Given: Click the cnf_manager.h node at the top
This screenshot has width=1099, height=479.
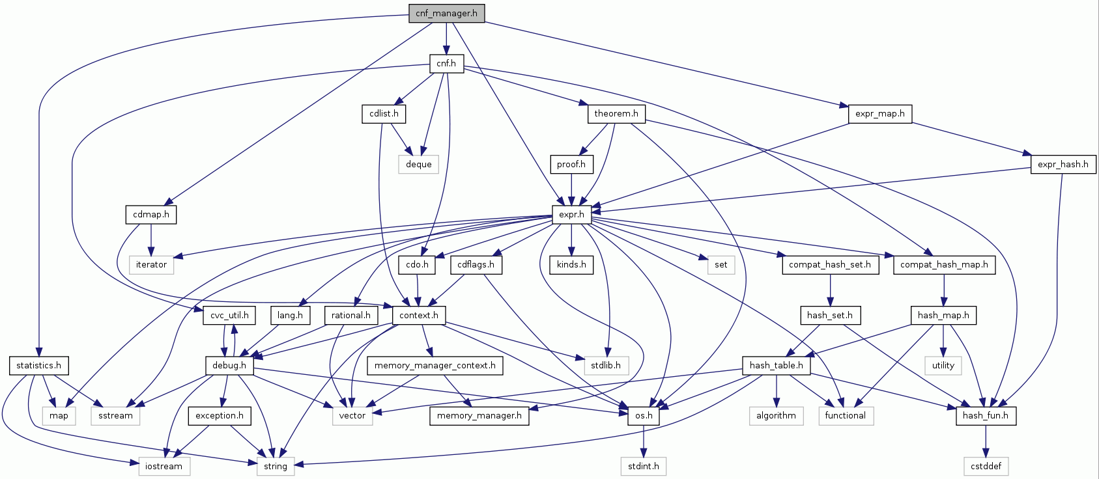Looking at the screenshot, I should [446, 14].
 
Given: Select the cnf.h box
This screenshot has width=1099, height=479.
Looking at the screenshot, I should [446, 64].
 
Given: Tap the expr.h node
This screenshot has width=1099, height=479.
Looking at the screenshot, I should [571, 215].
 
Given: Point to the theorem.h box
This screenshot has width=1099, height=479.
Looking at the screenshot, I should [616, 114].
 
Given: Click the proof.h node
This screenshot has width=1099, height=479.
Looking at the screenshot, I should [571, 165].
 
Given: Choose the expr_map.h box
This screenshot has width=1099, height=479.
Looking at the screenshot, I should [879, 114].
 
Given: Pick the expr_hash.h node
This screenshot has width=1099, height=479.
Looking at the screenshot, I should [1063, 165].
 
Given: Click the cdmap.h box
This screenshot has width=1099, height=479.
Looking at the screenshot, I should [150, 215].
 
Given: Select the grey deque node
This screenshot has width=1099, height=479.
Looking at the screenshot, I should [418, 165].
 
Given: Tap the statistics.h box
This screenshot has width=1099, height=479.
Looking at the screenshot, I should [38, 366].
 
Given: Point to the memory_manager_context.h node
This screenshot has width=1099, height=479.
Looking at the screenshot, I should [435, 366].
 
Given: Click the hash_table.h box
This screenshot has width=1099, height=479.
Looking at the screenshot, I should [777, 366].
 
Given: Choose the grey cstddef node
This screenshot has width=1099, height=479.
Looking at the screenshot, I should [986, 466].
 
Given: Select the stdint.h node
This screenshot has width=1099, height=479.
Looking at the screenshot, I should [643, 466].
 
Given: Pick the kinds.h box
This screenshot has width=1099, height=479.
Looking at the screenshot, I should [571, 265].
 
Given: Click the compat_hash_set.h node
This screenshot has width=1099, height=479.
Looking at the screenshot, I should [829, 265].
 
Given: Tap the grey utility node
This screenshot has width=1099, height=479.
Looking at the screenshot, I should [943, 366].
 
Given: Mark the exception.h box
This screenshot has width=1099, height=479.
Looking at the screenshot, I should [219, 416].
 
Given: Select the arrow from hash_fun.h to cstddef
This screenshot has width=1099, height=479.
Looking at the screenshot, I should [986, 441].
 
